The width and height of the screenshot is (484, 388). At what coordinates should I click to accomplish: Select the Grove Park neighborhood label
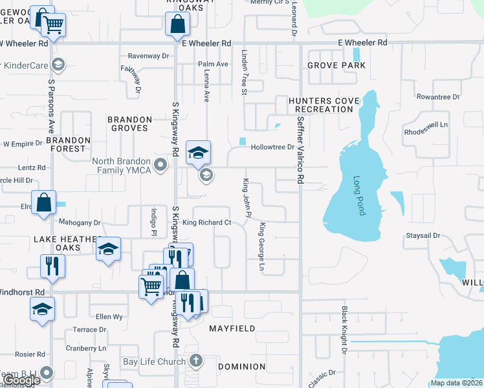tap(336, 65)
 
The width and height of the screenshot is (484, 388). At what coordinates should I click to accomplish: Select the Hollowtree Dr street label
tap(272, 147)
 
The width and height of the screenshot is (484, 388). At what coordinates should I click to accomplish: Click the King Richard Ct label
tap(206, 222)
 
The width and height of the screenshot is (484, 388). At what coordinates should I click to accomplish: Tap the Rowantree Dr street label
tap(437, 97)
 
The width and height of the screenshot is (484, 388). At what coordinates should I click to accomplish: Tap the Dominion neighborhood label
tap(241, 367)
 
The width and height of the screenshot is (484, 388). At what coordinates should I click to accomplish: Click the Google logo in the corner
tap(21, 381)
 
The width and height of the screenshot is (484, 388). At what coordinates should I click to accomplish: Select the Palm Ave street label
tap(213, 65)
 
